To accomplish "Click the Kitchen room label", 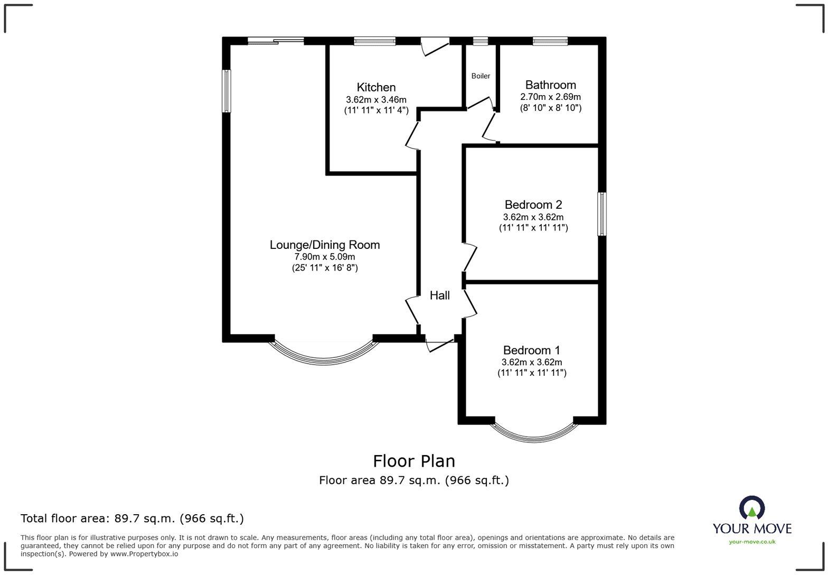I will [376, 87].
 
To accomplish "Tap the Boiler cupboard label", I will [481, 76].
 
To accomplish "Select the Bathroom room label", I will [550, 85].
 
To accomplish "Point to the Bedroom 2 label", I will [533, 205].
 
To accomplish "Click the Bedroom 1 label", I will [532, 350].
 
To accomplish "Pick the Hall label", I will [439, 295].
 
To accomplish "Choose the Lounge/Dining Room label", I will [325, 245].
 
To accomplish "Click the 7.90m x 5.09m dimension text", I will [325, 257].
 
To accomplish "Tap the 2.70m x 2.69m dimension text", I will [550, 97].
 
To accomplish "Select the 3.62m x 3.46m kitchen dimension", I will [376, 99].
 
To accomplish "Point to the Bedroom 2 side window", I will [601, 214].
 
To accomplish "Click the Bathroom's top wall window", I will [550, 41].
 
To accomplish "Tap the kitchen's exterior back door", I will [435, 45].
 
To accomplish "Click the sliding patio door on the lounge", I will [276, 41].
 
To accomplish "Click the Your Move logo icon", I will [752, 508].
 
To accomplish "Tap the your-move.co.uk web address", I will [752, 541].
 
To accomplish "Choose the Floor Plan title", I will [414, 461].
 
